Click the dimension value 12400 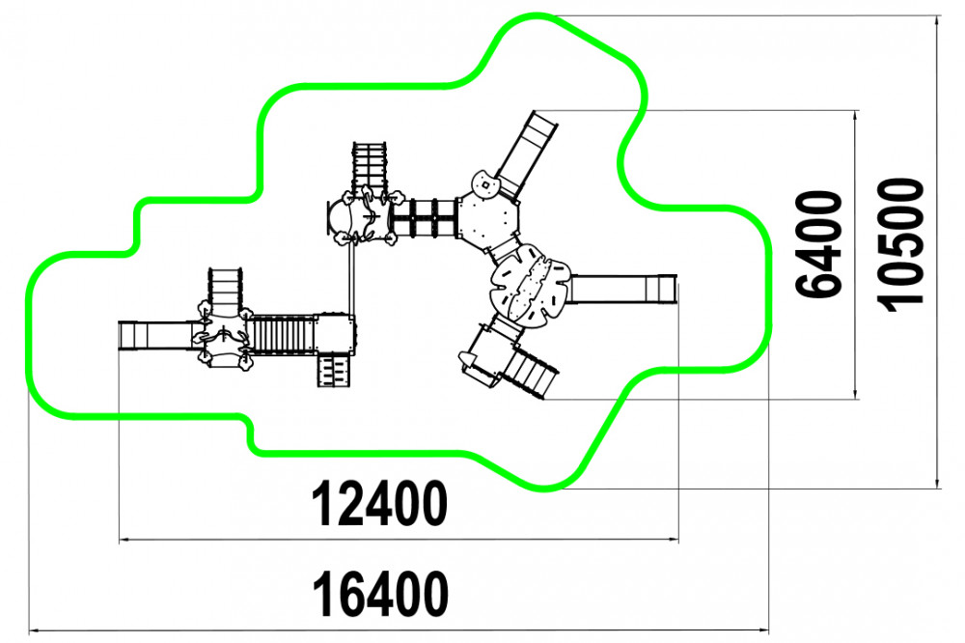379,503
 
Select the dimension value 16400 380,594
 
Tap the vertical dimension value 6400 818,243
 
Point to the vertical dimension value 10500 899,244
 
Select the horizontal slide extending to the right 622,289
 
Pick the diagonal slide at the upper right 527,154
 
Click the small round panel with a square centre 485,183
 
